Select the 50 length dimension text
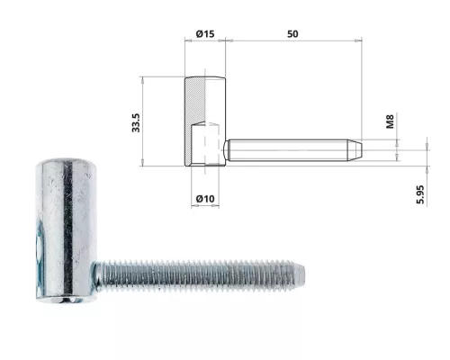292,34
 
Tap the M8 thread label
390,121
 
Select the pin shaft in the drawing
288,147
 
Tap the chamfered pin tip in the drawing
358,147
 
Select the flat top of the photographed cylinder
59,162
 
